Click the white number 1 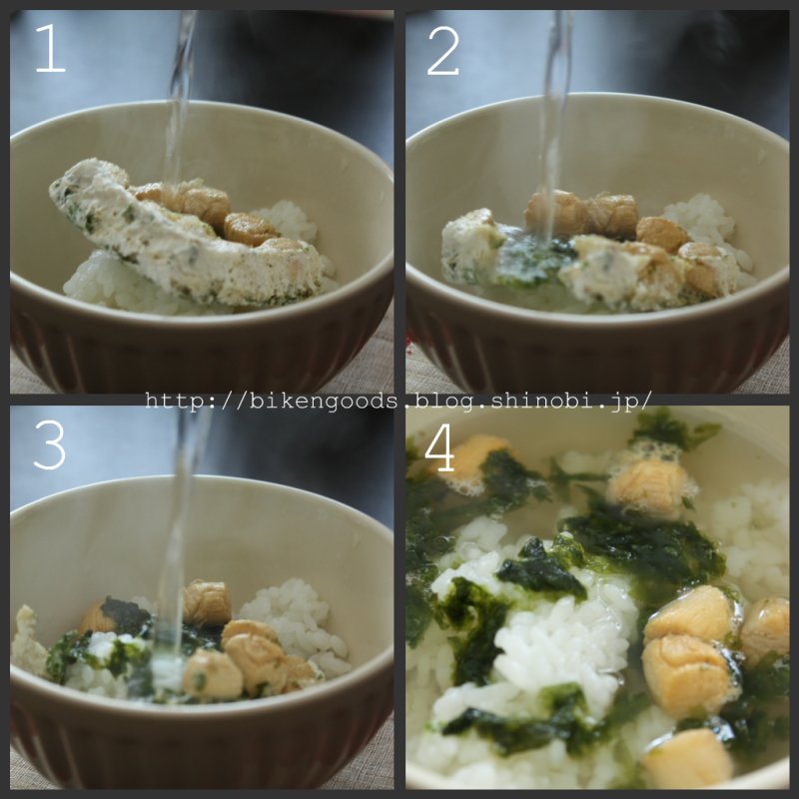click(51, 48)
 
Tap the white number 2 click(442, 51)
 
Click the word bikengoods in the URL click(322, 401)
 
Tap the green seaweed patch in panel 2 click(532, 260)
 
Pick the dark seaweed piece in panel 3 click(124, 615)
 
